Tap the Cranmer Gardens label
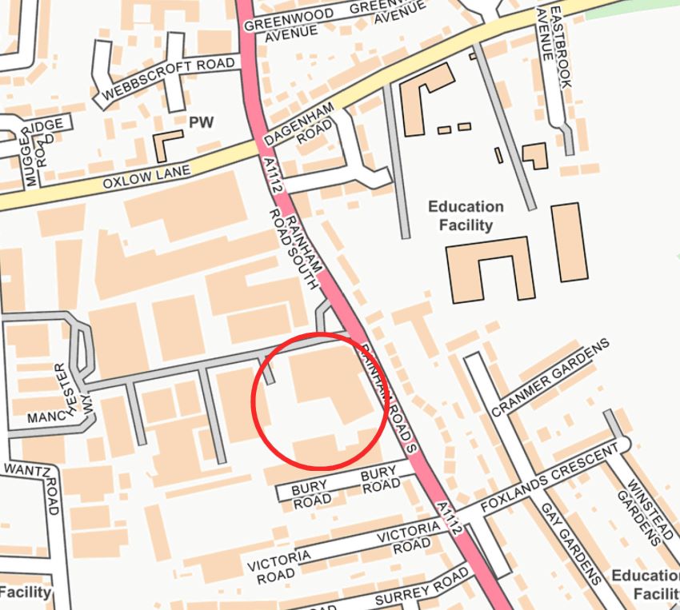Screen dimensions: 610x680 550,377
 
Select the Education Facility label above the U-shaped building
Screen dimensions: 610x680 466,216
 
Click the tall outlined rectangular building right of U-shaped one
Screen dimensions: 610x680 569,241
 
